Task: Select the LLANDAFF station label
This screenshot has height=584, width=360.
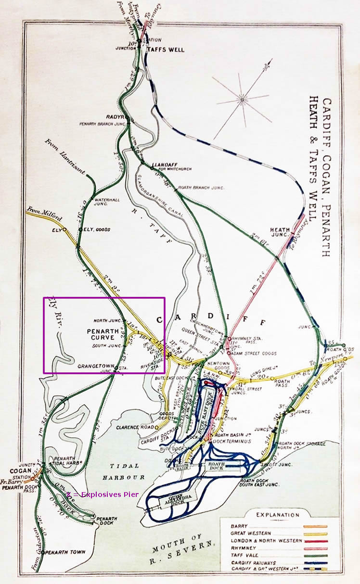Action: pos(162,165)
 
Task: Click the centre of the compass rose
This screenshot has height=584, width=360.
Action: pos(242,100)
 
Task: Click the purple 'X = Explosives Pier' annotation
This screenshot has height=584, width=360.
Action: pos(103,494)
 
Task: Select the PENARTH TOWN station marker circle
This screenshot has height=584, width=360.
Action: pos(43,552)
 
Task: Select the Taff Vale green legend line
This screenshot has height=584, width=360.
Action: pos(315,555)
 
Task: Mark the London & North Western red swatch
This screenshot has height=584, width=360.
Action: pos(315,541)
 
